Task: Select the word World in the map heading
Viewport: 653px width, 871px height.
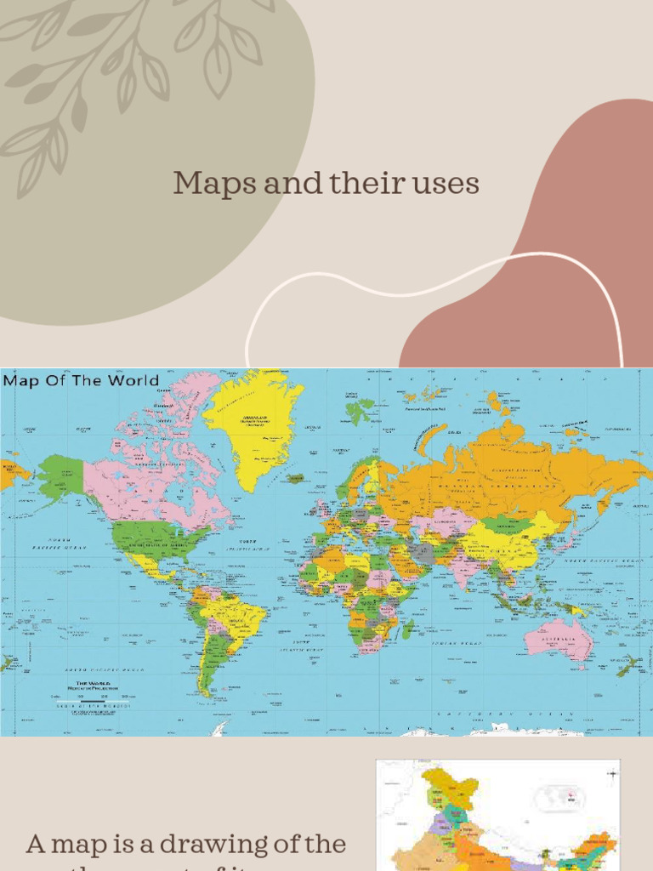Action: (x=130, y=380)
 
